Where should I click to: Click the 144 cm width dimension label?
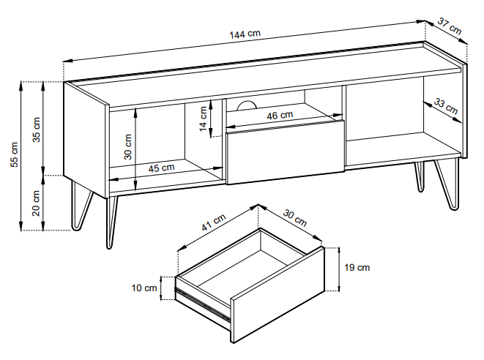246,34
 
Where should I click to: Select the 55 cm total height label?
14,154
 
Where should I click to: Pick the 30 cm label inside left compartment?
128,146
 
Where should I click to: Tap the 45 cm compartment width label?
161,168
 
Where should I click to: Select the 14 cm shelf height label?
203,116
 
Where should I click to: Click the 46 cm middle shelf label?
280,115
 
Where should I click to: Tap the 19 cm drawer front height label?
357,267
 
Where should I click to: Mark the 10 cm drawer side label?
145,288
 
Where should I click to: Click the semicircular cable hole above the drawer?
246,105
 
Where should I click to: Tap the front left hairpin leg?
111,220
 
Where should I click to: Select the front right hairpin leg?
446,187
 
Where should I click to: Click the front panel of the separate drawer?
278,296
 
